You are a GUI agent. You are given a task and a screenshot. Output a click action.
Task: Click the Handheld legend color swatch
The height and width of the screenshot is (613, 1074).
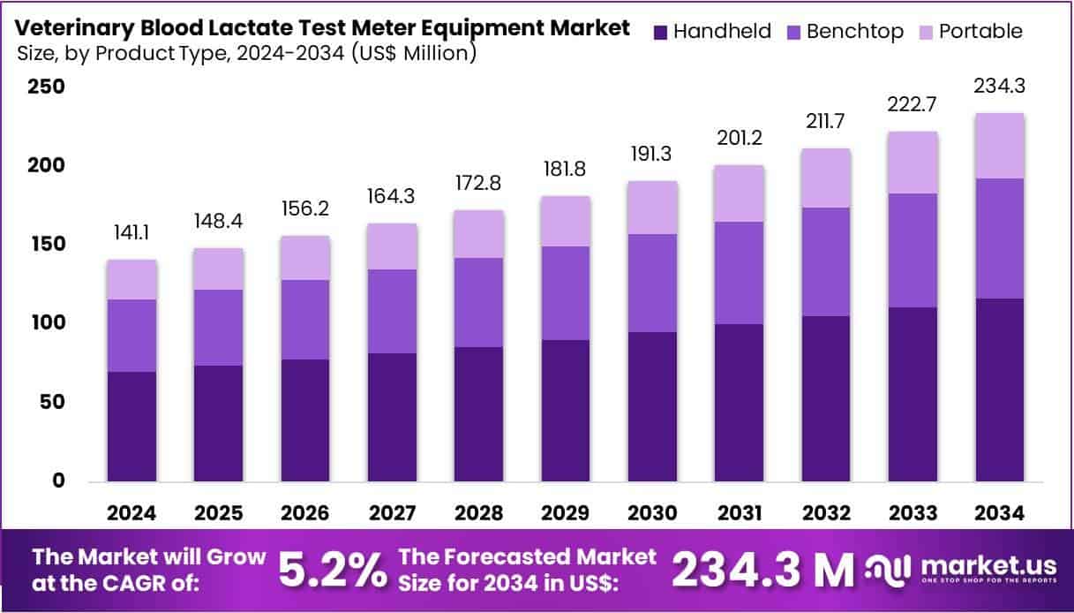pos(660,32)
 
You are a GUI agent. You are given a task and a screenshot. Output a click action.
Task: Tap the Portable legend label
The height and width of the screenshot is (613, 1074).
pos(980,32)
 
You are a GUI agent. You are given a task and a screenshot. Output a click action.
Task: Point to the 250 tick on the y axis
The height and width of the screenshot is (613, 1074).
pos(46,87)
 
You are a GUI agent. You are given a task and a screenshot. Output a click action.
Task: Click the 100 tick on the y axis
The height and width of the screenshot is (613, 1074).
pos(46,323)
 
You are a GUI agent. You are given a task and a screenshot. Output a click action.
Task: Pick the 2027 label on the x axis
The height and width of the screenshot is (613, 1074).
pos(393,513)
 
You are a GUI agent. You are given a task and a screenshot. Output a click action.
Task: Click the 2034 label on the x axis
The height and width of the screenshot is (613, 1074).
pos(999,513)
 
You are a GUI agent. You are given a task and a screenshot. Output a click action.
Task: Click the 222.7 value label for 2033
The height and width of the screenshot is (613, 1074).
pos(913,103)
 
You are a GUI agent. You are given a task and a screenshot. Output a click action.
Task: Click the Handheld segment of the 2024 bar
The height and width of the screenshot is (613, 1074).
pos(132,427)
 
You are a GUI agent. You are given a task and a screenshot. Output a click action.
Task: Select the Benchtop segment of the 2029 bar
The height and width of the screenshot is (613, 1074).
pos(566,293)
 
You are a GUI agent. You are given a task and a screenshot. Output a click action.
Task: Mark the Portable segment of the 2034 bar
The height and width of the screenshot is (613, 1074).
pos(999,146)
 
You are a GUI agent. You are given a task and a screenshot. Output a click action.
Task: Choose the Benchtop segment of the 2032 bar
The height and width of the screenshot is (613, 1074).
pos(826,261)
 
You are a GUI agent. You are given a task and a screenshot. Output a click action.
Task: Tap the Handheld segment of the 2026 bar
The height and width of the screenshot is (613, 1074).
pos(305,420)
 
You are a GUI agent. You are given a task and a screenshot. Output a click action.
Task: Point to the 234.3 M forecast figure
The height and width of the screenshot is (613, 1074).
pos(763,571)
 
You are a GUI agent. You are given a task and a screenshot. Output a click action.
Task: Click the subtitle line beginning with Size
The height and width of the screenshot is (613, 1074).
pos(247,53)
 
